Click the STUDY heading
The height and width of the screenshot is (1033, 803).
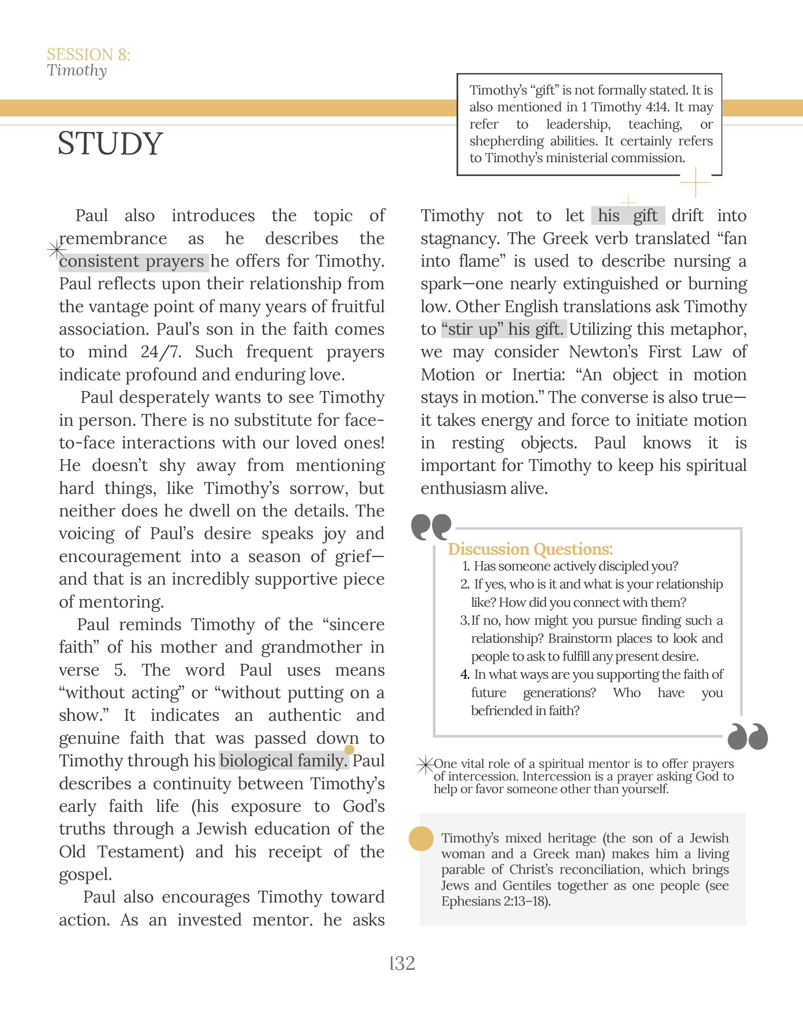pyautogui.click(x=110, y=143)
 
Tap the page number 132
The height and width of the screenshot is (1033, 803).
pyautogui.click(x=403, y=963)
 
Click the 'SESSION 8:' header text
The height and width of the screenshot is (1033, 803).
pyautogui.click(x=88, y=55)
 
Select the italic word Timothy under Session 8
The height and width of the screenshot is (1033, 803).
pyautogui.click(x=76, y=70)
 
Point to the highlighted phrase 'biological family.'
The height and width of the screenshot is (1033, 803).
pyautogui.click(x=284, y=761)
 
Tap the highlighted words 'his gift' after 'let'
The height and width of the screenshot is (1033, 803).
pyautogui.click(x=627, y=216)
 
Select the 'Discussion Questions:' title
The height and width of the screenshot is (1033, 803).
pyautogui.click(x=530, y=549)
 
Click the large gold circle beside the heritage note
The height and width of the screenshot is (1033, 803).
pyautogui.click(x=421, y=839)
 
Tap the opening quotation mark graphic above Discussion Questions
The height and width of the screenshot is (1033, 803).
pyautogui.click(x=431, y=527)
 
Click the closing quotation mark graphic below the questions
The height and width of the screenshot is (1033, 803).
pyautogui.click(x=747, y=736)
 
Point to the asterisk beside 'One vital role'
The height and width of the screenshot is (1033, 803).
pyautogui.click(x=425, y=765)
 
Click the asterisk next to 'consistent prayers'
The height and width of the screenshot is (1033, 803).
pyautogui.click(x=56, y=250)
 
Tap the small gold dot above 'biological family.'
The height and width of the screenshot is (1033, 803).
pyautogui.click(x=349, y=749)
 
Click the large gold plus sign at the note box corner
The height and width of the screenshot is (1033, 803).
pyautogui.click(x=695, y=182)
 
